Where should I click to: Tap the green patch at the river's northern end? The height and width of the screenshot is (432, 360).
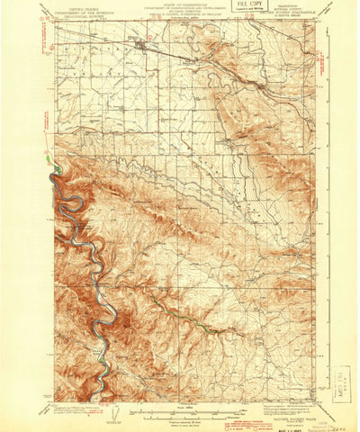(58, 168)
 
